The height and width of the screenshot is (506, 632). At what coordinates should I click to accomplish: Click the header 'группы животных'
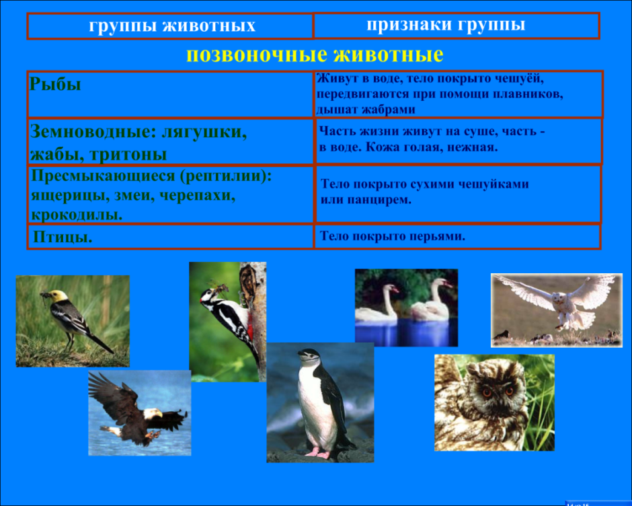pos(172,26)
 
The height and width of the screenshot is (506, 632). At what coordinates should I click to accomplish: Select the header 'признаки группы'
pos(446,25)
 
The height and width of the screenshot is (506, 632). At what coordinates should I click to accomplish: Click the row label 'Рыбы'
pos(55,85)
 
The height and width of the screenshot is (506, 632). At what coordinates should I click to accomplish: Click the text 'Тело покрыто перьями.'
pos(393,237)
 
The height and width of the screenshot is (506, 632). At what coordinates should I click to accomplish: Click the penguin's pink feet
pos(317,453)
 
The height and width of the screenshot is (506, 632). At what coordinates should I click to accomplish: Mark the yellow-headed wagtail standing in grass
pos(71,320)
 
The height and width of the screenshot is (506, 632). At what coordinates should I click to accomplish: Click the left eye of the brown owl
pos(485,390)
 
